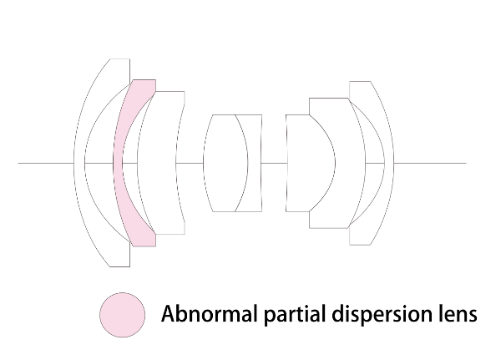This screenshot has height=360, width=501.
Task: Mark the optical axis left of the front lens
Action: (46, 163)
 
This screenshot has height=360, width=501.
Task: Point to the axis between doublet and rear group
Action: (274, 163)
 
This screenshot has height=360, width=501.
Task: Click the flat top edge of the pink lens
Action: (144, 80)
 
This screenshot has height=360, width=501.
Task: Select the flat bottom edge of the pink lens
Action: (144, 246)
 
